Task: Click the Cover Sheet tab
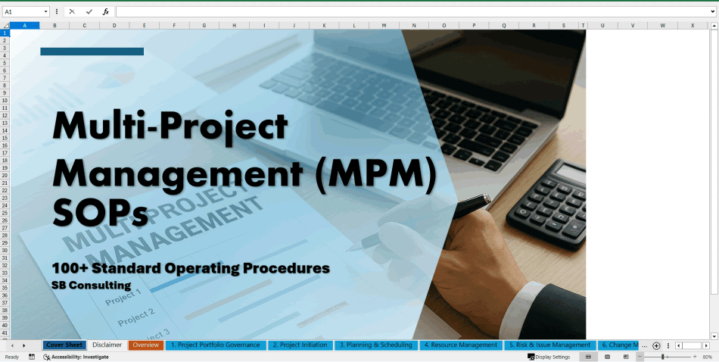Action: coord(64,345)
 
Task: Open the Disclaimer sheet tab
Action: coord(107,345)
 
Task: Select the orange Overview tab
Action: coord(145,345)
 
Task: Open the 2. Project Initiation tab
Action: coord(300,345)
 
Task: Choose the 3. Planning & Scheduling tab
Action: coord(376,345)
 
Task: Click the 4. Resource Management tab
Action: coord(460,345)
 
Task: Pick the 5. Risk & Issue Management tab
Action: coord(549,345)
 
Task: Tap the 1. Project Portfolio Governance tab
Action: coord(215,345)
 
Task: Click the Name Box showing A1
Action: coord(23,12)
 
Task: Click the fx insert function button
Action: coord(106,12)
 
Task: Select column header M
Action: coord(384,25)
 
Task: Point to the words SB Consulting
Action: coord(92,286)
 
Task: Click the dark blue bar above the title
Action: coord(92,51)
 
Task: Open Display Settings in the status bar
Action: coord(552,357)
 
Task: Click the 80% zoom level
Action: coord(707,357)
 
